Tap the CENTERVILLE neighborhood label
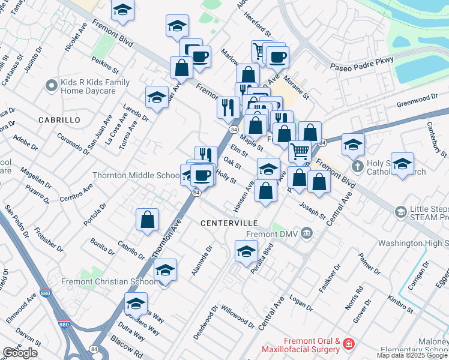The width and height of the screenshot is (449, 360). tap(225, 223)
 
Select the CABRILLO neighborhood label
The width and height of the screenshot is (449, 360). tap(59, 120)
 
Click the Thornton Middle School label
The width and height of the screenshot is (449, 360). tap(136, 176)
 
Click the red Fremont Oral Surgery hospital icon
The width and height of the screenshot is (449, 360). tap(348, 344)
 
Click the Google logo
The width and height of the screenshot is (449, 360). tap(20, 353)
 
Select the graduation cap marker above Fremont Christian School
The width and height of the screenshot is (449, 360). tap(165, 270)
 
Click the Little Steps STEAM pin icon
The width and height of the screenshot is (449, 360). tap(400, 212)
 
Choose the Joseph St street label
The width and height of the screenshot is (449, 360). tap(313, 211)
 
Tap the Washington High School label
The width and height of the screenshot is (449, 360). tap(413, 244)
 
